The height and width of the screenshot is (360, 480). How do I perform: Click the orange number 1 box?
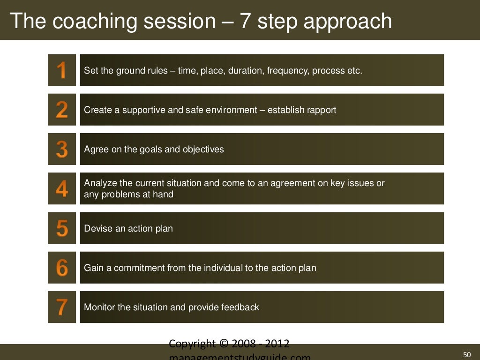point(62,70)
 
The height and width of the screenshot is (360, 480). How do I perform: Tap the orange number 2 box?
point(62,110)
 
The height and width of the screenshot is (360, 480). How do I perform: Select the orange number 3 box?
point(62,149)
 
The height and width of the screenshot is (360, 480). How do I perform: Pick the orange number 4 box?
point(62,188)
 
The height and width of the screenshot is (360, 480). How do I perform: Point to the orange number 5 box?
point(62,228)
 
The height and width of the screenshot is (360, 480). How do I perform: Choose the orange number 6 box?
point(62,268)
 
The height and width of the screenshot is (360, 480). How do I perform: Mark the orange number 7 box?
point(62,307)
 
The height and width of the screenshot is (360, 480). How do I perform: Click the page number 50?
point(466,354)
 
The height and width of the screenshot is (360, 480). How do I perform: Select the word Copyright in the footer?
point(192,344)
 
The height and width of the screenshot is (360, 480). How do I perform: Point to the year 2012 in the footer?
point(277,344)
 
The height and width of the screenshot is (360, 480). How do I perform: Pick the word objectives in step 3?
point(203,150)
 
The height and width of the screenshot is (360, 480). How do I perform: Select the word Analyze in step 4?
point(100,183)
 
